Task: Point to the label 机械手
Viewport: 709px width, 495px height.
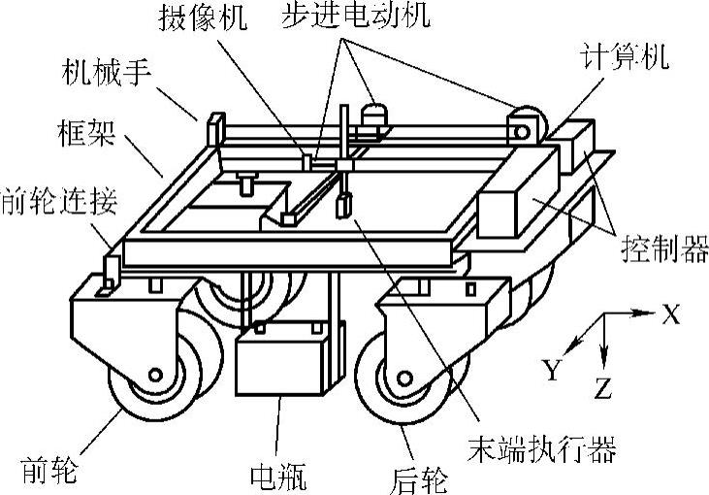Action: tap(105, 75)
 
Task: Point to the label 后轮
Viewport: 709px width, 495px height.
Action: tap(424, 477)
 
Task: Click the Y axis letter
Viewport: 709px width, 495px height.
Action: tap(552, 368)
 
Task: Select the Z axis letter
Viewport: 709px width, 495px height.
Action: tap(603, 390)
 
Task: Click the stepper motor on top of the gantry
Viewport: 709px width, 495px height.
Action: tap(372, 115)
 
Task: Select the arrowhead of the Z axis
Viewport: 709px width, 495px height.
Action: tap(603, 361)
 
